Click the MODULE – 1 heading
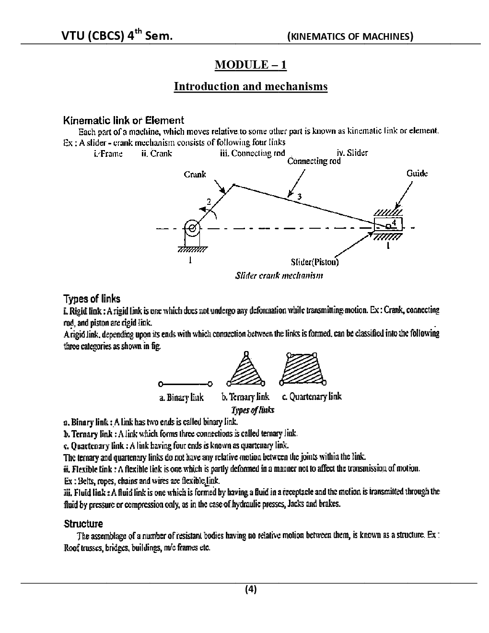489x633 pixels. point(250,64)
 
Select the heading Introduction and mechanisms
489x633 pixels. point(250,86)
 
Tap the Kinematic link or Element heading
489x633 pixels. point(124,120)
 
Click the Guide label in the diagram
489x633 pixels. point(417,174)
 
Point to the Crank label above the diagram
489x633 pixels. point(195,175)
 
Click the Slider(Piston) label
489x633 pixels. point(314,262)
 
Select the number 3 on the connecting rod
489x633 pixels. point(299,196)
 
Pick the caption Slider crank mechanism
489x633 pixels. point(279,276)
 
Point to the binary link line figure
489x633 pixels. point(185,384)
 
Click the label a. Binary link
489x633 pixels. point(181,398)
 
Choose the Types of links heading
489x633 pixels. point(92,299)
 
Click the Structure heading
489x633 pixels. point(83,523)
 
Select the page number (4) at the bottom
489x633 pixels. point(251,589)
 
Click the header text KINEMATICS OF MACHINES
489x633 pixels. point(350,36)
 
